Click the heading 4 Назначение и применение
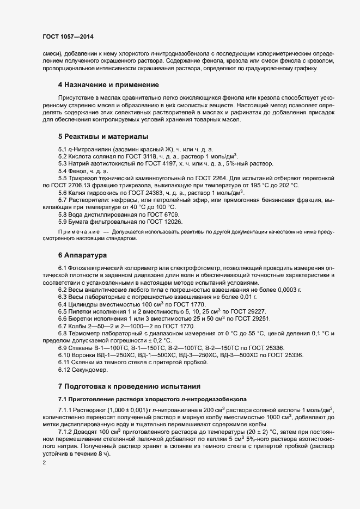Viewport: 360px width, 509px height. (108, 85)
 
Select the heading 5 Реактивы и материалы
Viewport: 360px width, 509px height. (103, 136)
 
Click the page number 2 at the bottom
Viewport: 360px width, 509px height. (44, 464)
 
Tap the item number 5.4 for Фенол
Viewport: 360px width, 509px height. (64, 170)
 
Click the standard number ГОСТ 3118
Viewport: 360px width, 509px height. (154, 156)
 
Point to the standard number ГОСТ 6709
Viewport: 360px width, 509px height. (154, 214)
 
